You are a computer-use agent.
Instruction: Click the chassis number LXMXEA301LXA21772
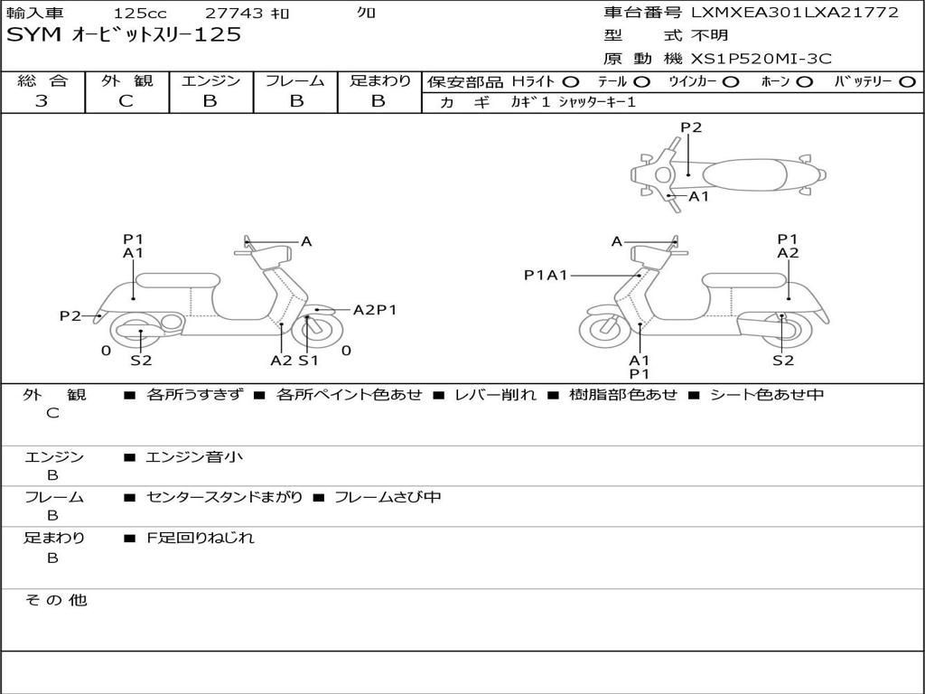click(795, 13)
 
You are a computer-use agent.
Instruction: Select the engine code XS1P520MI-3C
click(761, 59)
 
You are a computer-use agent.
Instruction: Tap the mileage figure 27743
click(233, 13)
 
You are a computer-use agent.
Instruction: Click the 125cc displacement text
click(140, 13)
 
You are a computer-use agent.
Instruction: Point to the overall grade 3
click(42, 101)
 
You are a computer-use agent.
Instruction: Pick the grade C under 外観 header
click(126, 101)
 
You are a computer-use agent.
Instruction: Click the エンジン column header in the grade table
click(210, 80)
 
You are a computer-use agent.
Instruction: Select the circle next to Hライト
click(571, 82)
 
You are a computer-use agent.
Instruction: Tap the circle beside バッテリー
click(907, 82)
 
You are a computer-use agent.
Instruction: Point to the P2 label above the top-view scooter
click(691, 127)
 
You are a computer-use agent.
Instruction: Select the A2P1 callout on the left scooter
click(375, 310)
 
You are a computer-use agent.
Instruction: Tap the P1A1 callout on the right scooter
click(546, 275)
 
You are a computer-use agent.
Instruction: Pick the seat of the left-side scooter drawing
click(178, 280)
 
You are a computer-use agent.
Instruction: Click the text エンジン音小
click(194, 456)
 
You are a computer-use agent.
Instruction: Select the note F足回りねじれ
click(201, 538)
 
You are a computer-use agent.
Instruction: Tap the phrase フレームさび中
click(388, 498)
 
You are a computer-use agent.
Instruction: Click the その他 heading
click(56, 600)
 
